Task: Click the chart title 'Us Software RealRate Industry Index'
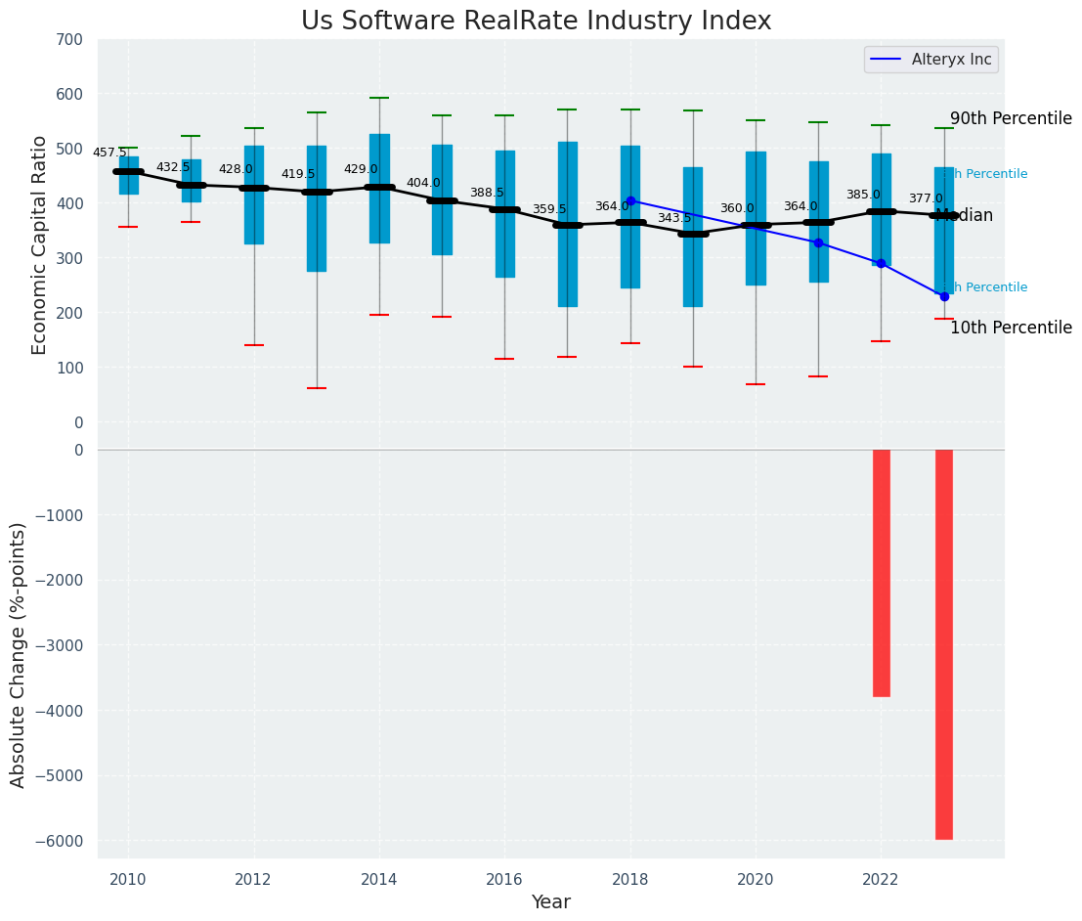click(536, 22)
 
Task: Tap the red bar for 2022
click(882, 572)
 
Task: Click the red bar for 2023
click(944, 643)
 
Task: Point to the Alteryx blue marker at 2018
click(630, 201)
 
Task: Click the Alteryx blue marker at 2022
click(882, 264)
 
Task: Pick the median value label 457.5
click(109, 153)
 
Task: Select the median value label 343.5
click(674, 218)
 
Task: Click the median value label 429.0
click(361, 169)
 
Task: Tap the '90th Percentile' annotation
click(1011, 118)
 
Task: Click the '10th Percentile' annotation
click(1011, 328)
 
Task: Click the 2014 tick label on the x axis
click(379, 880)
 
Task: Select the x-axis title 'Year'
click(550, 902)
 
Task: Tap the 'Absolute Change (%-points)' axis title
click(19, 654)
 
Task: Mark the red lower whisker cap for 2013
click(317, 388)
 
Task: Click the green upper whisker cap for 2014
click(379, 98)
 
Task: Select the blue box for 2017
click(568, 225)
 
